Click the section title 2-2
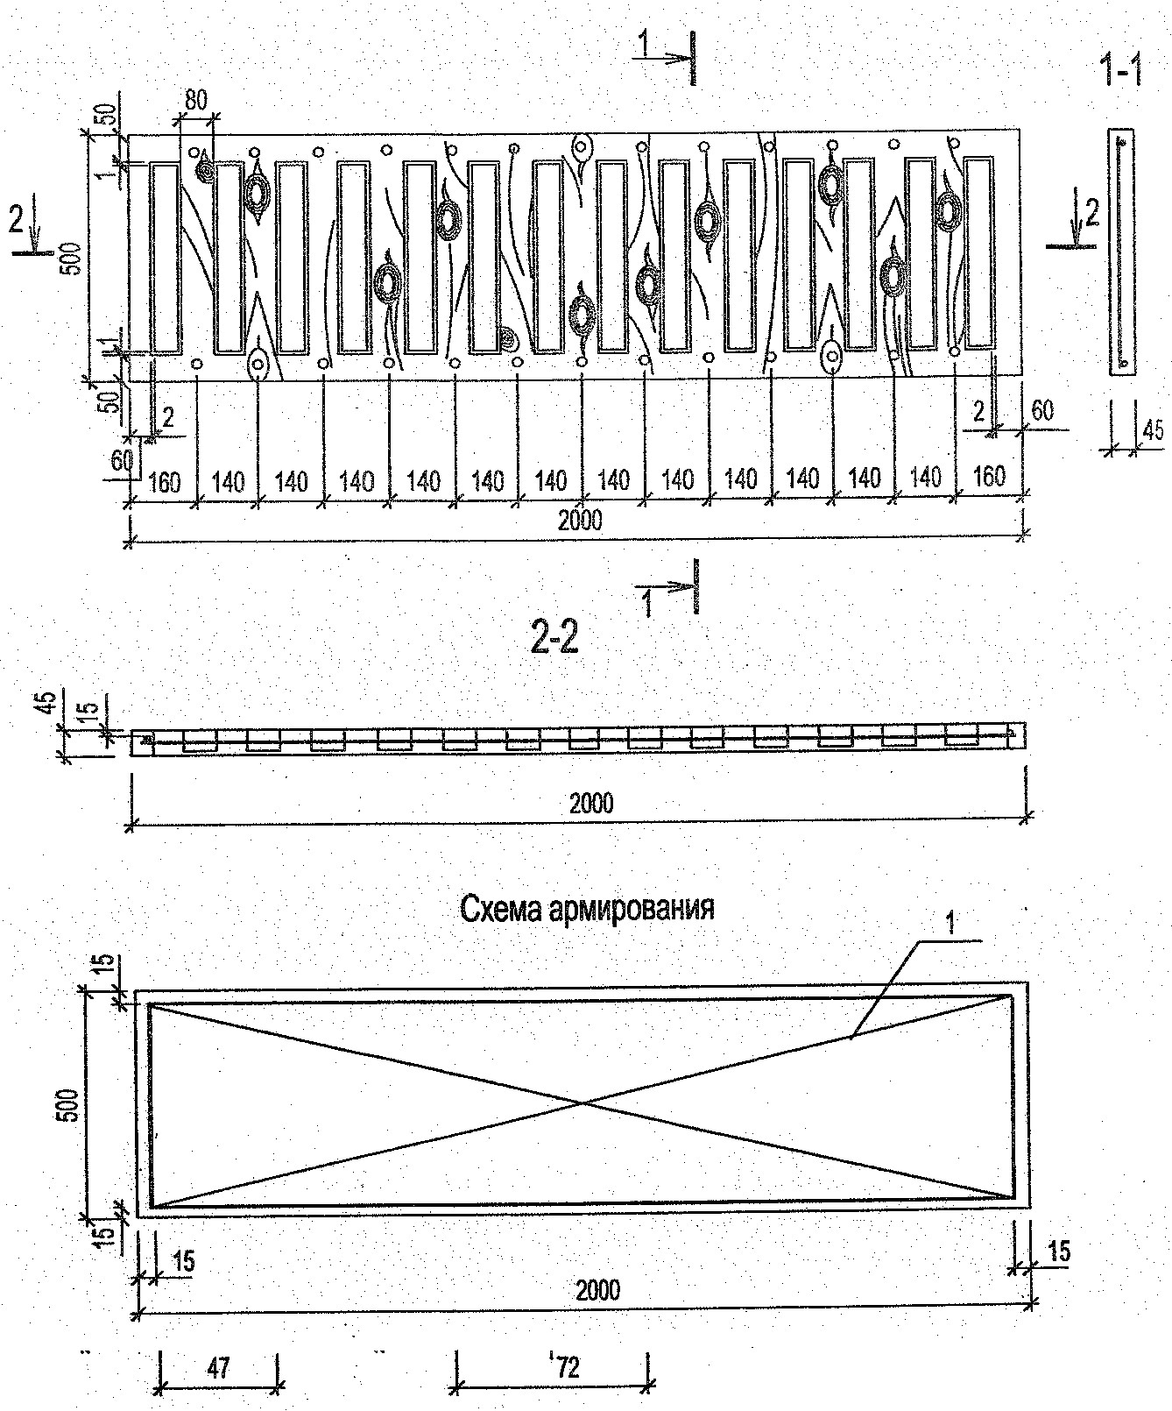pyautogui.click(x=555, y=641)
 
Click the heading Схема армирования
pyautogui.click(x=587, y=908)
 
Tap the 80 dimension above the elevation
pyautogui.click(x=195, y=101)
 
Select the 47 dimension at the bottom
pyautogui.click(x=218, y=1367)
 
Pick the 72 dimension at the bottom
pyautogui.click(x=567, y=1367)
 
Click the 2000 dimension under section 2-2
pyautogui.click(x=591, y=802)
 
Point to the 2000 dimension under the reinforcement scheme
pyautogui.click(x=598, y=1289)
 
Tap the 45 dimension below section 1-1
pyautogui.click(x=1154, y=431)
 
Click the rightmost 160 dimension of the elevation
pyautogui.click(x=988, y=477)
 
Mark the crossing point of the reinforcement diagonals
pyautogui.click(x=582, y=1103)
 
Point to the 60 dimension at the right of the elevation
pyautogui.click(x=1042, y=409)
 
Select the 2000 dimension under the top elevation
pyautogui.click(x=580, y=521)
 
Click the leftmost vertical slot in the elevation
pyautogui.click(x=165, y=258)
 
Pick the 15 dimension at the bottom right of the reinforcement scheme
pyautogui.click(x=1057, y=1251)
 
